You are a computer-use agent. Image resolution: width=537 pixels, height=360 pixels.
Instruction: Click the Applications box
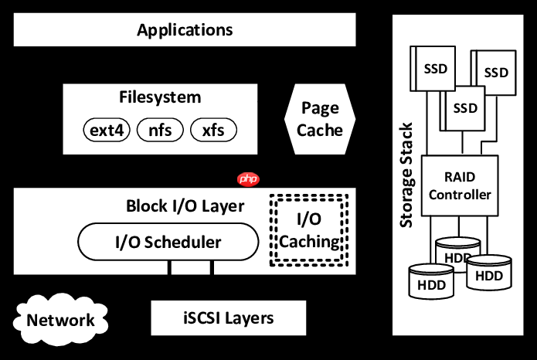tap(185, 30)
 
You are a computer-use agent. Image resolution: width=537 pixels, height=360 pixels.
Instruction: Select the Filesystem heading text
tap(160, 97)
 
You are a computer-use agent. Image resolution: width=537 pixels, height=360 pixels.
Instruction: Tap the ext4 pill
tap(107, 130)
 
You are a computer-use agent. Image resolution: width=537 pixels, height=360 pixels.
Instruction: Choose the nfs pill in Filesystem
tap(160, 130)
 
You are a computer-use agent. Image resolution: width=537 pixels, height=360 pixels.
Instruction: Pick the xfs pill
tap(212, 130)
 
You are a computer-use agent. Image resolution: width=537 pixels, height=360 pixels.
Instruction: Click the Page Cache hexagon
tap(320, 119)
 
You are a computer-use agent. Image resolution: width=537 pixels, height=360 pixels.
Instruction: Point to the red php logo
tap(248, 178)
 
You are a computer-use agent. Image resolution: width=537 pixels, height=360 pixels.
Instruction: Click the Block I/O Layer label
tap(185, 206)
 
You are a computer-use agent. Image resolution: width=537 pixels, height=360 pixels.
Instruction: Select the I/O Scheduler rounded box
tap(168, 242)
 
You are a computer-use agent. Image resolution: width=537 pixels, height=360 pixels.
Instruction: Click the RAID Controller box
tap(460, 185)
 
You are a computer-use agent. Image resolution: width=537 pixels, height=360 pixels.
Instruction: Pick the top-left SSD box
tap(435, 68)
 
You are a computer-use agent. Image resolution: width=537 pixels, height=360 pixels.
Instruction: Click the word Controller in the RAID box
tap(460, 195)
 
